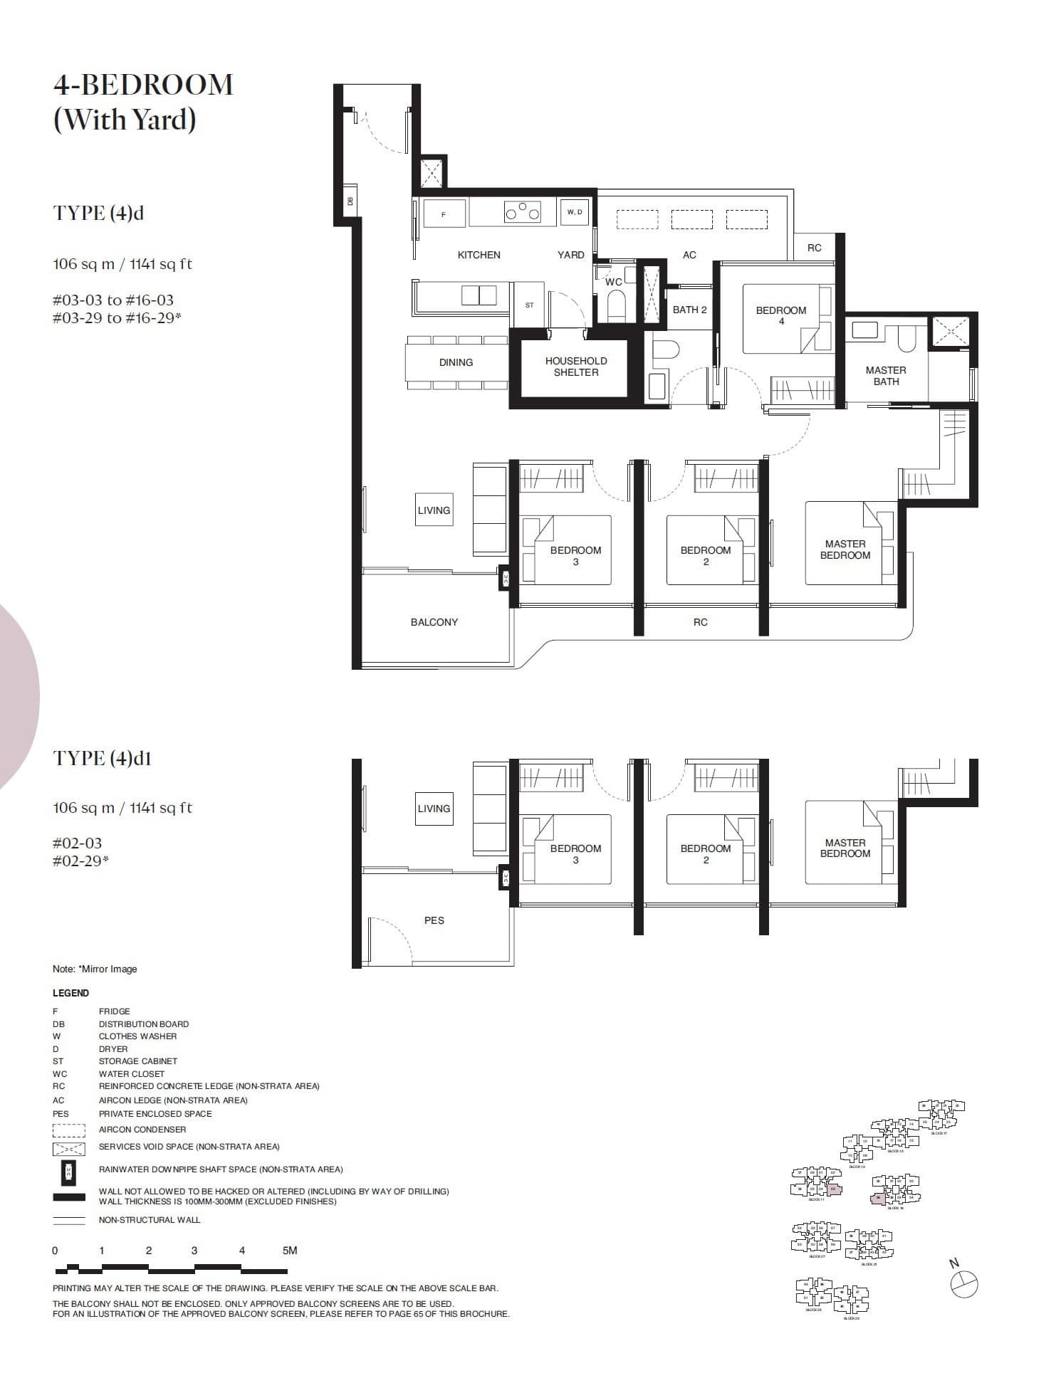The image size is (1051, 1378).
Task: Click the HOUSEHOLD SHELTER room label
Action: pos(576,367)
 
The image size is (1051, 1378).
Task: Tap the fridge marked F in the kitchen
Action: pos(444,214)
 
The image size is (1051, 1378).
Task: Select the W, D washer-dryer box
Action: pos(575,212)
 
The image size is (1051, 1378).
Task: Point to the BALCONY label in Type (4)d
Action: pos(434,622)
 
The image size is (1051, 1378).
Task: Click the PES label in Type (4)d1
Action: pos(434,920)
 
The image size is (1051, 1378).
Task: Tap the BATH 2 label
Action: pos(689,310)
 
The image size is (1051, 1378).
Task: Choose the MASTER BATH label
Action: pos(886,376)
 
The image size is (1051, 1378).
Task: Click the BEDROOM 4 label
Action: pos(780,315)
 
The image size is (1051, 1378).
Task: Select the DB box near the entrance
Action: pos(350,201)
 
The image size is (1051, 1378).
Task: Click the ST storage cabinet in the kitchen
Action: pos(529,305)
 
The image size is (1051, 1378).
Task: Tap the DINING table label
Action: pos(456,362)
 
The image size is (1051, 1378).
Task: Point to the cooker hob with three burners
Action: pos(522,212)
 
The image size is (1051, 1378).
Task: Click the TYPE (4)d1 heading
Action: pos(102,759)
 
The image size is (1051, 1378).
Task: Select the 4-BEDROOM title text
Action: pos(143,85)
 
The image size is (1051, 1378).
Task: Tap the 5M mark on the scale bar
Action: pos(290,1251)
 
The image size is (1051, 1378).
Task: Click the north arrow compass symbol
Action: pos(964,1283)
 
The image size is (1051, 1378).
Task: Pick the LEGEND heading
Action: pos(70,993)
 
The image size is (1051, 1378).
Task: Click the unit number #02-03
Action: pos(77,843)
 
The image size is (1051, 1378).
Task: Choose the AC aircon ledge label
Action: pos(689,255)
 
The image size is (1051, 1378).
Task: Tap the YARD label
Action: pos(570,255)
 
